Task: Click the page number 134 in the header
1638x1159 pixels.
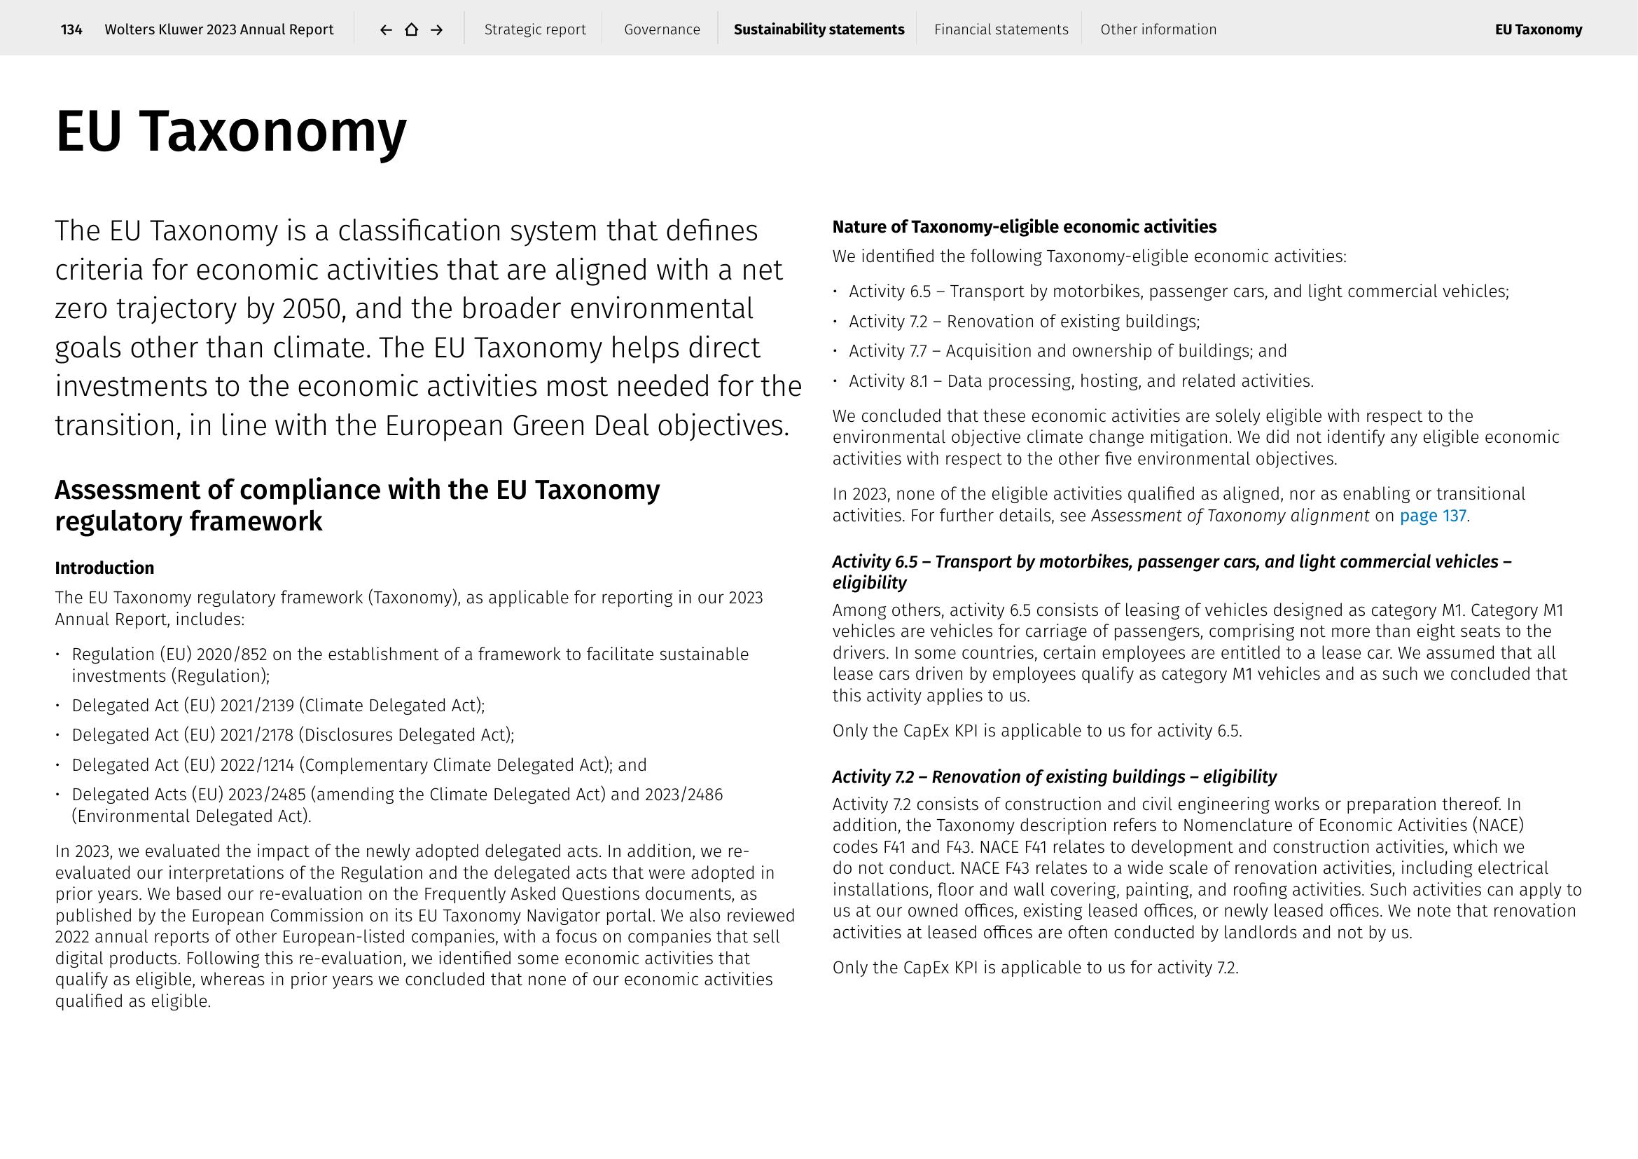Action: click(x=71, y=29)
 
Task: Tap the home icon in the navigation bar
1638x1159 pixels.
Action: click(x=412, y=29)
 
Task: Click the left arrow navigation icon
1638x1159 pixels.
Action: click(x=386, y=29)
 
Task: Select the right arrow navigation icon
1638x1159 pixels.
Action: click(x=437, y=29)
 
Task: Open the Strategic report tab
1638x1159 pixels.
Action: click(x=534, y=29)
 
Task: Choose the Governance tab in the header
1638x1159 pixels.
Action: click(x=661, y=29)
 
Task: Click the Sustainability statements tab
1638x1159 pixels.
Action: click(x=818, y=29)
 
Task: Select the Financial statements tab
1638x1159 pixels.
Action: click(x=1001, y=29)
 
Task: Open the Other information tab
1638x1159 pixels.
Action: click(x=1158, y=29)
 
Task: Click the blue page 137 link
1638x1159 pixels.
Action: click(x=1432, y=515)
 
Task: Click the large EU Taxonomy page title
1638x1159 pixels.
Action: click(x=230, y=131)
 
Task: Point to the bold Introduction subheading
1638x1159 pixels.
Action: click(x=104, y=568)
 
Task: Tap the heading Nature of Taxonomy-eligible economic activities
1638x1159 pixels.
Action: click(x=1024, y=227)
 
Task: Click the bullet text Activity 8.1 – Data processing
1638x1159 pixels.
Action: click(x=1080, y=381)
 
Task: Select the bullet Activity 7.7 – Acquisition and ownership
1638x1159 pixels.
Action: click(x=1067, y=351)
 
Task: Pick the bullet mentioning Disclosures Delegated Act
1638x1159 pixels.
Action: click(x=293, y=735)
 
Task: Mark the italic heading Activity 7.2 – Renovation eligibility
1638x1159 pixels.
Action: click(x=1054, y=776)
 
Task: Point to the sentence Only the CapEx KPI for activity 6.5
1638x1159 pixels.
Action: click(x=1036, y=731)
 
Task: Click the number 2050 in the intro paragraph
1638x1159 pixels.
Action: click(x=310, y=309)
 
